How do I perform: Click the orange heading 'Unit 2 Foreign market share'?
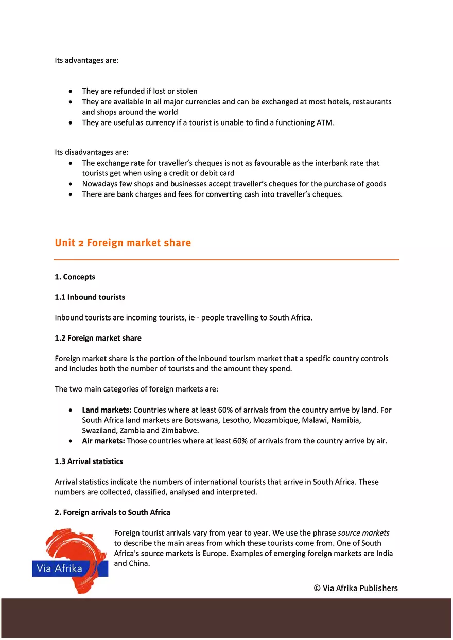pos(123,243)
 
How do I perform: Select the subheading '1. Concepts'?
pos(75,277)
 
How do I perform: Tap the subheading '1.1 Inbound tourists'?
pos(90,297)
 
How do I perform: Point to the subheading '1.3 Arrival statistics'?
pos(89,461)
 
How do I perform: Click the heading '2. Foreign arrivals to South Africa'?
pos(112,512)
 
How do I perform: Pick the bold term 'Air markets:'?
pos(103,441)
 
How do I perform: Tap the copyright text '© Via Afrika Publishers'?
pos(356,588)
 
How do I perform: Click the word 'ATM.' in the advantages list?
pos(326,122)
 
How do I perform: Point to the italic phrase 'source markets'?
pos(363,533)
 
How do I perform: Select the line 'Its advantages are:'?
pos(86,60)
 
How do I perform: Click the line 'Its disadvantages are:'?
pos(92,152)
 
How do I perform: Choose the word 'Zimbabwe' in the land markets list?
pos(181,431)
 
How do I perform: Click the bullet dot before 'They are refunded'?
pos(71,92)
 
